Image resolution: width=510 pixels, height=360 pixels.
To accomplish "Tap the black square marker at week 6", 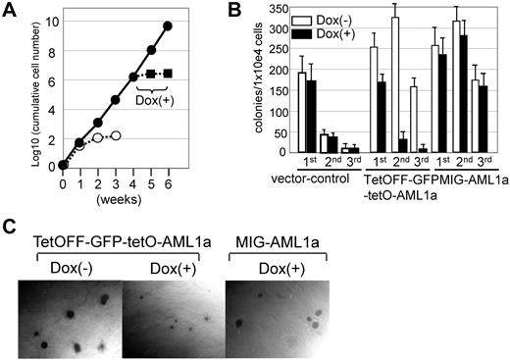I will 169,74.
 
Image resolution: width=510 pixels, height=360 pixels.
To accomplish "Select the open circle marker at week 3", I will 116,135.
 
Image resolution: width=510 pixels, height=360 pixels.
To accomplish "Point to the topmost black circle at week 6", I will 169,26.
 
